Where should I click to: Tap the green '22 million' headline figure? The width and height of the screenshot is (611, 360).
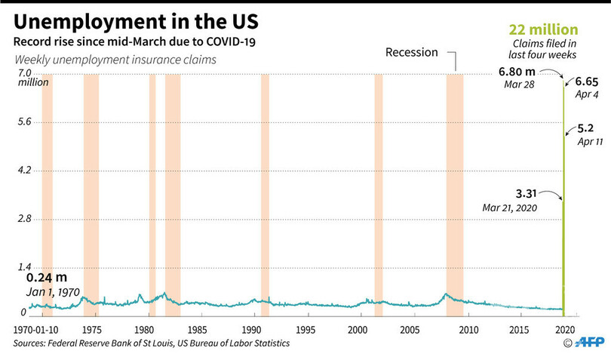pos(542,30)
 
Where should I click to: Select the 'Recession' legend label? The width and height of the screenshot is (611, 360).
pos(412,53)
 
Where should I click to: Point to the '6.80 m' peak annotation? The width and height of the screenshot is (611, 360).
pos(515,72)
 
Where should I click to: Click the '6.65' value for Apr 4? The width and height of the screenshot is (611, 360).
pos(588,82)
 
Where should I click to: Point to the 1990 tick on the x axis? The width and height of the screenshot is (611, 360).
pos(251,330)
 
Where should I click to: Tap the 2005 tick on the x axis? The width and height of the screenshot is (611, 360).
pos(410,330)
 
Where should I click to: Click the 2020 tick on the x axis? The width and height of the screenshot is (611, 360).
pos(567,330)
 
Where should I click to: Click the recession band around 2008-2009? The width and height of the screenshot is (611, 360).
pos(454,189)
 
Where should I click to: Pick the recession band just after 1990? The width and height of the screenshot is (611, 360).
pos(265,189)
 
